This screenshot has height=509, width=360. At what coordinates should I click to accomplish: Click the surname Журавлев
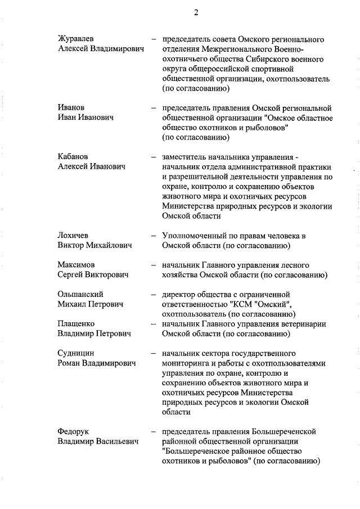click(x=76, y=39)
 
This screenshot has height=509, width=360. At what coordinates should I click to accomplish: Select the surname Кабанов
click(x=74, y=156)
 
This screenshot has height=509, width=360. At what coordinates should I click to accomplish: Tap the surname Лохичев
click(x=74, y=235)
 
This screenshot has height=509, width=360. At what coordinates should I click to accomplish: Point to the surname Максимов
click(x=76, y=264)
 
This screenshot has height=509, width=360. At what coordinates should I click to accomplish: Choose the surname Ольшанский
click(x=81, y=294)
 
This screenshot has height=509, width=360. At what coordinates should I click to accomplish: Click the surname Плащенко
click(x=76, y=323)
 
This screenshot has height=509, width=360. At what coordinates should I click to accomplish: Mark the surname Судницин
click(x=76, y=353)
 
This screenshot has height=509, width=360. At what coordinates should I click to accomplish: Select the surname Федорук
click(x=74, y=431)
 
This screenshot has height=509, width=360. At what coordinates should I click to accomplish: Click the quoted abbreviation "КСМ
click(x=241, y=304)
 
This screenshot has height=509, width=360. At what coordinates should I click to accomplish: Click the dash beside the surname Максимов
click(x=153, y=264)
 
